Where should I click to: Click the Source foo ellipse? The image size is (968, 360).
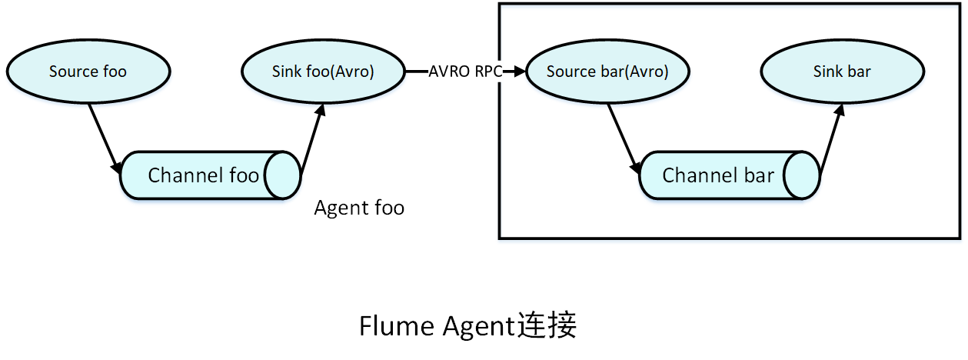pos(88,72)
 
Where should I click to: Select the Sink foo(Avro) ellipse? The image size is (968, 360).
pos(323,72)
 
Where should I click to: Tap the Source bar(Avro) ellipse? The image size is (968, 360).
pos(607,72)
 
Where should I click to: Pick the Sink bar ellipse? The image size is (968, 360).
pos(842,72)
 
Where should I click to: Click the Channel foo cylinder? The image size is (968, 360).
pos(203,175)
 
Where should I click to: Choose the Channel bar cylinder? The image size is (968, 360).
pos(718,175)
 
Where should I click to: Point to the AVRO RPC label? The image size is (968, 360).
pos(465,72)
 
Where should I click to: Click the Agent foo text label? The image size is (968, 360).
pos(359,208)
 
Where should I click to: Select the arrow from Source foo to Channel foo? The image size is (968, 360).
pos(104,135)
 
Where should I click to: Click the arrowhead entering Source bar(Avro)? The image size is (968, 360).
pos(521,72)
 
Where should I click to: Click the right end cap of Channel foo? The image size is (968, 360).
pos(283,175)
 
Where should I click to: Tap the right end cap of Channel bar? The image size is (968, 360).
pos(801,175)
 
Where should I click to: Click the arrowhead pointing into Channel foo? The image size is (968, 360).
pos(117,167)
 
